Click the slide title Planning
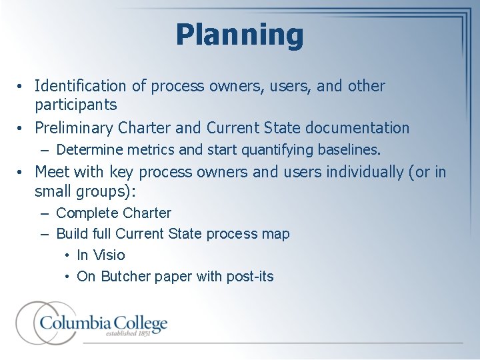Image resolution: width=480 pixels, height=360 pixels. (x=239, y=34)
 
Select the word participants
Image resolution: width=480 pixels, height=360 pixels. (x=76, y=105)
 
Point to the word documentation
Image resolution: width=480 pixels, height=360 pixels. (x=359, y=127)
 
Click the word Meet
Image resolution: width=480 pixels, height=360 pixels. (x=51, y=172)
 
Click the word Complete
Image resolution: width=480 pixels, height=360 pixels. (x=86, y=213)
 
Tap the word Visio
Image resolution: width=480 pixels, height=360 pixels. (x=109, y=255)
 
